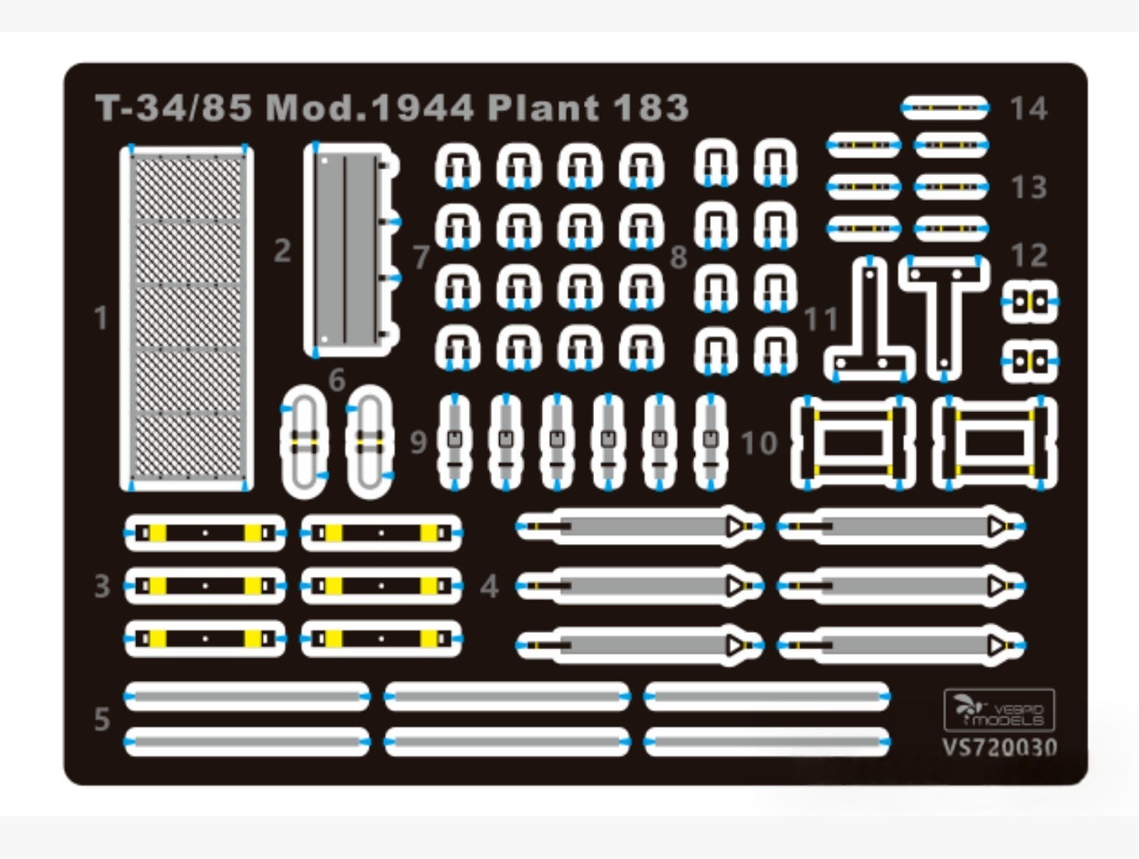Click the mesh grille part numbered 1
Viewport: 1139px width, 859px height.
click(187, 317)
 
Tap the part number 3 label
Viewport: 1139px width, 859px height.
click(102, 586)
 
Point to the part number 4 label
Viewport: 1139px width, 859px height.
click(489, 587)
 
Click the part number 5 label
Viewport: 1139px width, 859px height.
click(102, 719)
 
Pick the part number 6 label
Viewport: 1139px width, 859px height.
click(337, 379)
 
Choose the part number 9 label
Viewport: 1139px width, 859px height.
click(418, 442)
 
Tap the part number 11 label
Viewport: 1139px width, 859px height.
click(821, 319)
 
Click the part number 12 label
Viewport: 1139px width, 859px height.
click(1029, 255)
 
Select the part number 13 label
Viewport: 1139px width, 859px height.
click(1029, 187)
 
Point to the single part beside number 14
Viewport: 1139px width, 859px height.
click(945, 108)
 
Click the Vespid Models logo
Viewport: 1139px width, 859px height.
click(999, 710)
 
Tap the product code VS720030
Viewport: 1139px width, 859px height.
click(999, 747)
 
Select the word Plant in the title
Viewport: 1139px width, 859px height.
click(543, 107)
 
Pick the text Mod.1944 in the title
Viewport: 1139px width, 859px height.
click(369, 107)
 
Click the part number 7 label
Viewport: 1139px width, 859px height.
click(421, 257)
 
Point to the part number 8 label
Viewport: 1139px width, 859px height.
click(679, 257)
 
